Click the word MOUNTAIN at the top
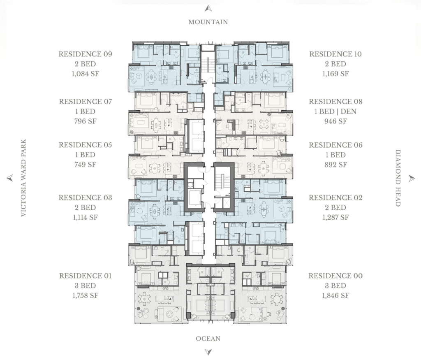tap(208, 22)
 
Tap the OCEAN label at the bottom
tap(208, 339)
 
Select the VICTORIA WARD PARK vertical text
tap(23, 178)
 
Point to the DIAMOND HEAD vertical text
tap(398, 178)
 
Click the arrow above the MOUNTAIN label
tap(208, 9)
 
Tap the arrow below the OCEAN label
tap(208, 352)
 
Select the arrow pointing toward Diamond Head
tap(412, 178)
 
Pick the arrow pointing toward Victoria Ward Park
tap(10, 178)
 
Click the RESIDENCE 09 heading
tap(86, 54)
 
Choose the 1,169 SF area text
tap(335, 74)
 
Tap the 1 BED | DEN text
tap(335, 111)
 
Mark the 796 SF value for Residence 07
tap(86, 121)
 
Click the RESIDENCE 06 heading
tap(335, 145)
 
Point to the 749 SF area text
tap(86, 165)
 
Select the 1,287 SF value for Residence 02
tap(335, 217)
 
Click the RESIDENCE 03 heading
tap(86, 198)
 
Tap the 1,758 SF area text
tap(86, 295)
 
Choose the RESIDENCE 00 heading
tap(335, 276)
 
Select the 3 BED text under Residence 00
tap(335, 286)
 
